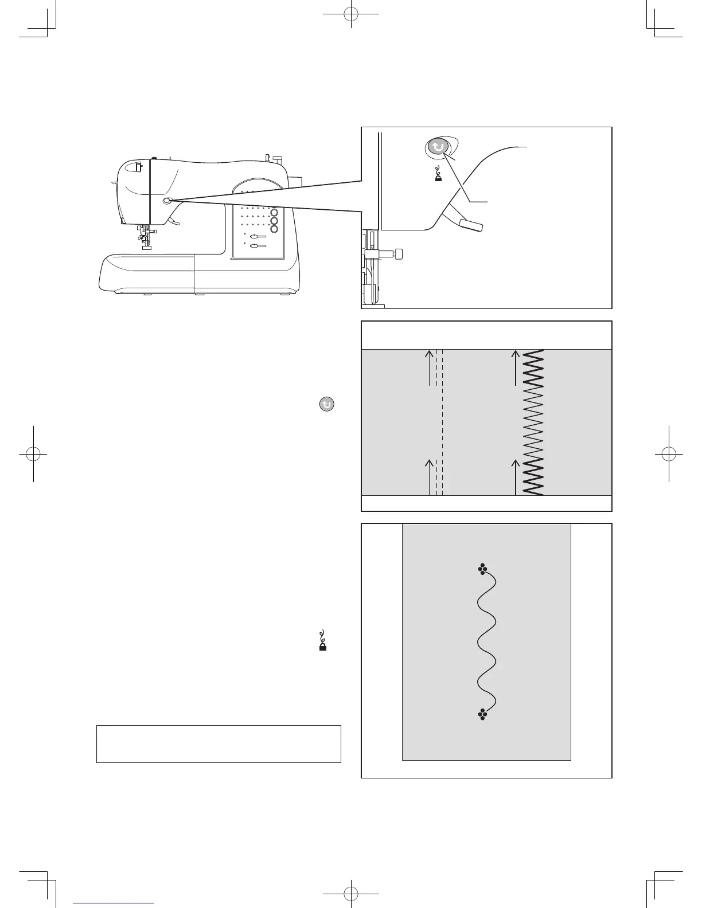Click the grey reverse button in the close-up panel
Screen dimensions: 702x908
(x=438, y=147)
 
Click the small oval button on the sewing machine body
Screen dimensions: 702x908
(x=166, y=201)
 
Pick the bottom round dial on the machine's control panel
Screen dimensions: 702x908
(x=274, y=229)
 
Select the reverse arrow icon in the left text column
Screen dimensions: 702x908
(x=326, y=404)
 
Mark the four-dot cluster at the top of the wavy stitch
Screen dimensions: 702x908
(x=482, y=569)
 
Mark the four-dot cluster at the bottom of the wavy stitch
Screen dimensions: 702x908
(x=482, y=714)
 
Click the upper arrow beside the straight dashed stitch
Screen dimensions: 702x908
(x=429, y=367)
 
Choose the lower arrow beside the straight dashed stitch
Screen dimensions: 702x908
(x=429, y=476)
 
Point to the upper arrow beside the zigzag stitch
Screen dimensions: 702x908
(x=515, y=367)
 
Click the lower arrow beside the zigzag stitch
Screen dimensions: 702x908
(x=515, y=476)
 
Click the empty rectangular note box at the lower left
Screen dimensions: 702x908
(x=219, y=743)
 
